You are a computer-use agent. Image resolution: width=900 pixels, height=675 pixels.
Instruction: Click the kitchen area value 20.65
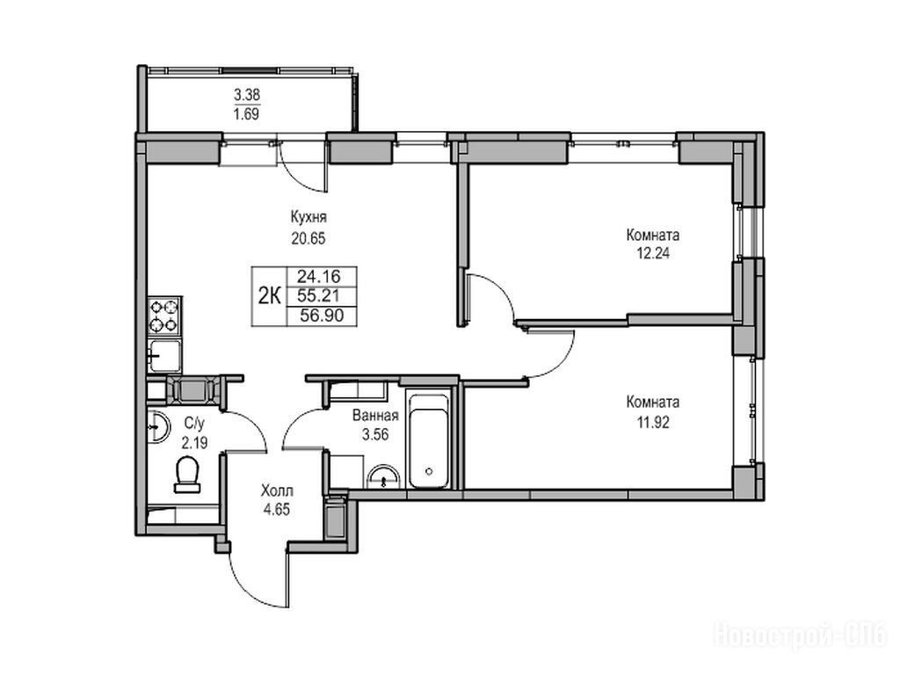308,237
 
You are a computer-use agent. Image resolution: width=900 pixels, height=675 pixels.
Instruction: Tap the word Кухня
308,218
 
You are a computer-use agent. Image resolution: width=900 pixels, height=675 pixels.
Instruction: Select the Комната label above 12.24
653,235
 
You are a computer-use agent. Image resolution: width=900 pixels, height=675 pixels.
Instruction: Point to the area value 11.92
653,423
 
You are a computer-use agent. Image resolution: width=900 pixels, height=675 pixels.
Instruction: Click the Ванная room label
375,415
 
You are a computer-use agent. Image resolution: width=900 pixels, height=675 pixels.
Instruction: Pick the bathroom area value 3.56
375,434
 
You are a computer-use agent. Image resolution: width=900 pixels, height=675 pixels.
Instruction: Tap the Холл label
277,491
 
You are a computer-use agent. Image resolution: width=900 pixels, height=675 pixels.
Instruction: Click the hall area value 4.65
277,509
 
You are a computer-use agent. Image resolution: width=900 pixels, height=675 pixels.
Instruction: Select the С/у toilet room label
194,424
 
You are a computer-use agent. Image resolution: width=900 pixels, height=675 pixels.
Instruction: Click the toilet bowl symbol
187,474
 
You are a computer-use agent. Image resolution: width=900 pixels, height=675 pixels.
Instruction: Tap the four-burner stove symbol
164,316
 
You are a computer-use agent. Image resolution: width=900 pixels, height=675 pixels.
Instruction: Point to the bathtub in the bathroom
428,441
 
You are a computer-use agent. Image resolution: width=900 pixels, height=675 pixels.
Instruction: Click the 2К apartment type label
269,297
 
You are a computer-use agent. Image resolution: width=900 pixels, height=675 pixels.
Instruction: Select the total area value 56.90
322,316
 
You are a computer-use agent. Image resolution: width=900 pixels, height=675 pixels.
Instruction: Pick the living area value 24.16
319,277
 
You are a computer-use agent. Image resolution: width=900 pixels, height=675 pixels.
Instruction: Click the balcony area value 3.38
247,94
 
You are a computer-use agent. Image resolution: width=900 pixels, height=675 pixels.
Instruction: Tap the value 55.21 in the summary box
319,296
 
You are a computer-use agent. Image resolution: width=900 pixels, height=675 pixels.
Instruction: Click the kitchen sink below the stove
164,356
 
